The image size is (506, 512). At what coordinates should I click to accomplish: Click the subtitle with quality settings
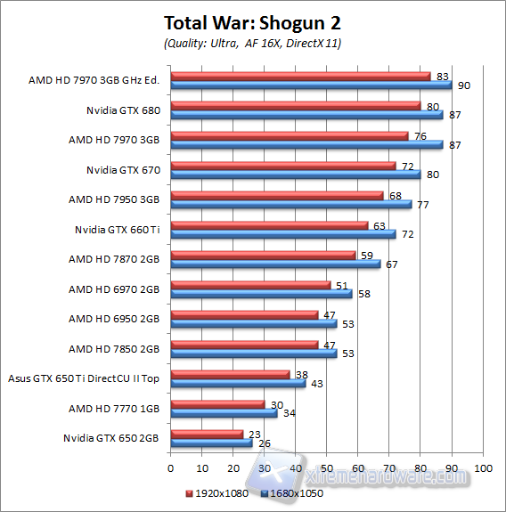click(253, 43)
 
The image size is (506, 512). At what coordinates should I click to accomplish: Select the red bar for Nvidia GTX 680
click(295, 106)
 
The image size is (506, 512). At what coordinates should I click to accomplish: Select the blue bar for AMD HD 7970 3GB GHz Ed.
click(311, 85)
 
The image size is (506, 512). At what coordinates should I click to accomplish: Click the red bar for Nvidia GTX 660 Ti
click(269, 225)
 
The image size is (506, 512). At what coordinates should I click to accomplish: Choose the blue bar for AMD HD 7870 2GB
click(275, 264)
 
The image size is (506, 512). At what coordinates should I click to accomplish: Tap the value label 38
click(300, 374)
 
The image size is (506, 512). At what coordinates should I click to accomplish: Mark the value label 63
click(379, 225)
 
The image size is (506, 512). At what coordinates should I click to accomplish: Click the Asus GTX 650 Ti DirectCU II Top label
click(84, 378)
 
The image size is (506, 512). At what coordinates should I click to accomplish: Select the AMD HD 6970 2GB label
click(114, 289)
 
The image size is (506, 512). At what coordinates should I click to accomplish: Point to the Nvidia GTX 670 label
click(123, 169)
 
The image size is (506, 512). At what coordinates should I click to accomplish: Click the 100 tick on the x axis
click(483, 467)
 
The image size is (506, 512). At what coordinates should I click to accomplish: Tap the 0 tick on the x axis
click(170, 467)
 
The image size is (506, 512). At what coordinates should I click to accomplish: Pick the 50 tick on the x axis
click(327, 467)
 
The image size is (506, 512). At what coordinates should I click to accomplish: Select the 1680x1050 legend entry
click(293, 492)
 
